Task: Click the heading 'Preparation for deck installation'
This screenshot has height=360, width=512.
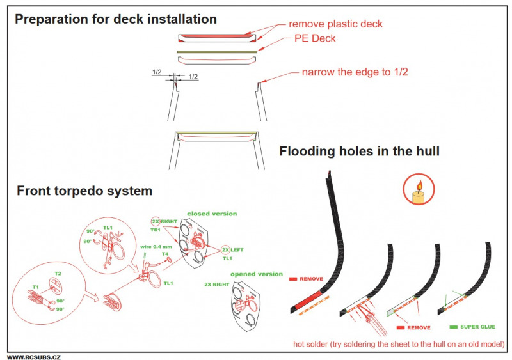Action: click(115, 19)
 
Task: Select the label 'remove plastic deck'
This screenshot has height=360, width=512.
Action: click(335, 24)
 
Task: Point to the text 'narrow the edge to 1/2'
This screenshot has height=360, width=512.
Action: click(355, 72)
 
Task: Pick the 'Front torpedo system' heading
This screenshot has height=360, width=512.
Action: click(84, 191)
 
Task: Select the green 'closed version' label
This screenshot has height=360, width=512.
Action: click(211, 214)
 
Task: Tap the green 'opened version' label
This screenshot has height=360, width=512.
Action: click(256, 274)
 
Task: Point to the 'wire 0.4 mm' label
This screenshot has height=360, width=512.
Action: click(156, 246)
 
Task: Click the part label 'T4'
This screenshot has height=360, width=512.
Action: click(164, 254)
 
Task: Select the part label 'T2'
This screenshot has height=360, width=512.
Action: click(58, 274)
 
